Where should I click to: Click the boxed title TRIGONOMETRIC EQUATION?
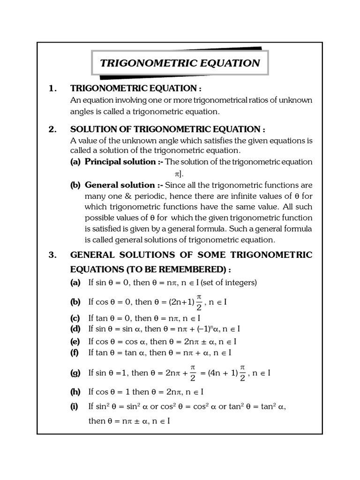coord(180,63)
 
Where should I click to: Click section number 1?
coord(53,88)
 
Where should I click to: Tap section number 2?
coord(53,129)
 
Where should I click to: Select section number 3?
coord(53,255)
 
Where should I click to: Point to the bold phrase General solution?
coord(120,185)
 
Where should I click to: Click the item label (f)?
coord(75,352)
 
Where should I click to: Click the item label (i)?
coord(75,406)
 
